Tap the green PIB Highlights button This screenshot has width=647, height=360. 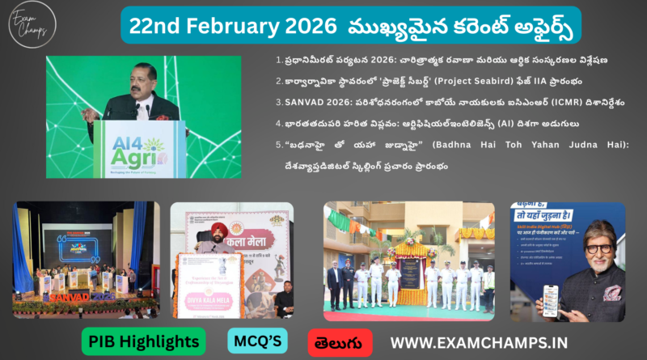click(x=131, y=341)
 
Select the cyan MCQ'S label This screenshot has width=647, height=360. click(x=258, y=341)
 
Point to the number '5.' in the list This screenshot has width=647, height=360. click(x=279, y=146)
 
